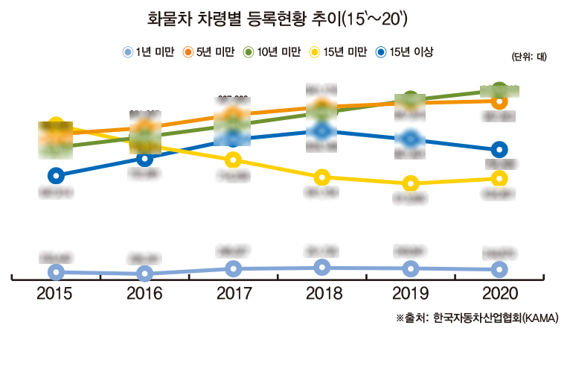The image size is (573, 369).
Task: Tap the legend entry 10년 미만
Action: (x=273, y=52)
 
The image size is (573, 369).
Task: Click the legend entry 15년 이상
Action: (x=405, y=52)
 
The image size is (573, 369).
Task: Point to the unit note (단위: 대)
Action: (x=529, y=57)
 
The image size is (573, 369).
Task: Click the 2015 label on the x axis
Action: (x=54, y=294)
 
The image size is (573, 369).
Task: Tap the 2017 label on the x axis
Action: (x=234, y=294)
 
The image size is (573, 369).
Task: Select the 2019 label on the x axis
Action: (x=410, y=294)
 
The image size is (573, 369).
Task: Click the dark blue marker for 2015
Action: (x=55, y=176)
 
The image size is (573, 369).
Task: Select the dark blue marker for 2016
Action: (x=145, y=158)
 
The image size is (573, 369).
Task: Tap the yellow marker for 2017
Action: (x=234, y=160)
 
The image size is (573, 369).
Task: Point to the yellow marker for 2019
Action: (x=410, y=183)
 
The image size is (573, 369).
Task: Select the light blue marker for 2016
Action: (x=145, y=274)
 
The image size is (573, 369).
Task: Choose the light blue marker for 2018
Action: (x=321, y=267)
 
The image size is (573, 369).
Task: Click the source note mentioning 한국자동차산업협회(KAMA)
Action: (x=476, y=318)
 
